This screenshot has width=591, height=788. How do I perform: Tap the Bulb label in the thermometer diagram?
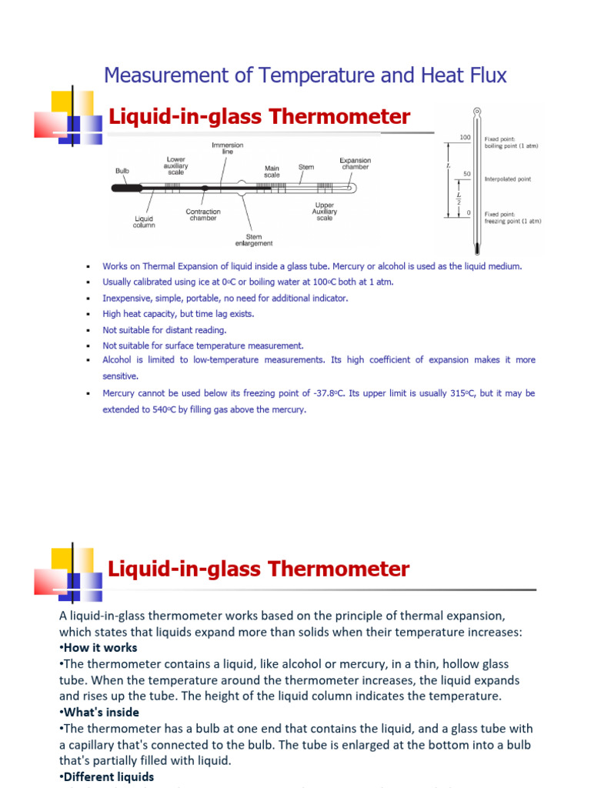click(122, 171)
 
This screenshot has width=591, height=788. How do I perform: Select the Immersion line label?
click(228, 149)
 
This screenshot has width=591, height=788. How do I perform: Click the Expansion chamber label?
click(355, 164)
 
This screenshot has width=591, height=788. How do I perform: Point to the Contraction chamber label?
click(203, 215)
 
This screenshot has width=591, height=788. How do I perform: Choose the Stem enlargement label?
click(254, 240)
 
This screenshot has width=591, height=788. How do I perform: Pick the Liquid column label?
click(145, 222)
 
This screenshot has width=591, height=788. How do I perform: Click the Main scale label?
click(272, 171)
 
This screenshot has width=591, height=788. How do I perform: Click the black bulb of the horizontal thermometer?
click(127, 187)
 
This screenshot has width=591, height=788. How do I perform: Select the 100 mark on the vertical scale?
click(465, 138)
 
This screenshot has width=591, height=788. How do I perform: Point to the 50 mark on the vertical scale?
click(466, 174)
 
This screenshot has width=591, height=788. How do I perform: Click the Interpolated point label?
click(507, 179)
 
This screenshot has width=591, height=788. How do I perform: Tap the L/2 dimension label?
click(459, 199)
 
